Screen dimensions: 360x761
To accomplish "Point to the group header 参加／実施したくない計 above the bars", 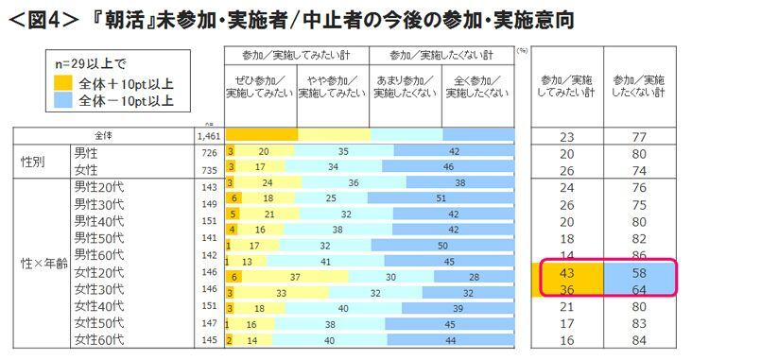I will [x=441, y=54].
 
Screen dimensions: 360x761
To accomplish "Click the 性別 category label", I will [x=37, y=160].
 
